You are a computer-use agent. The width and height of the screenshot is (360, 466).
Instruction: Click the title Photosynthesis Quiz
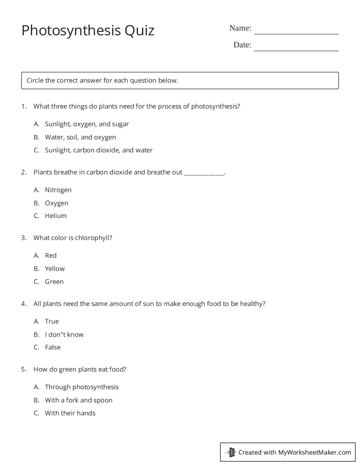88,30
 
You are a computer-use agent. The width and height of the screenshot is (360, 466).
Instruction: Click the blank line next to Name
296,32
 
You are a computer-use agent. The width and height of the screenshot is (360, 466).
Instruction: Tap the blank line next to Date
296,49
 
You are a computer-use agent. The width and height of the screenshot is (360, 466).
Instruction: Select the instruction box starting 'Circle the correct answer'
180,80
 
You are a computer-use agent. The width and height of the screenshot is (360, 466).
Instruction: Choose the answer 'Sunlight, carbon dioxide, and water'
98,150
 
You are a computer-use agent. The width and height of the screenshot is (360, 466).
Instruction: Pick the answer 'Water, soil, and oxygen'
80,137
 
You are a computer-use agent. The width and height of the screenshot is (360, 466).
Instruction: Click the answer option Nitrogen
58,190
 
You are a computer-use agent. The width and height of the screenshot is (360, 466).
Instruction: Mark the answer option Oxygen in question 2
56,203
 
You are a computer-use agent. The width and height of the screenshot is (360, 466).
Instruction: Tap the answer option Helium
56,216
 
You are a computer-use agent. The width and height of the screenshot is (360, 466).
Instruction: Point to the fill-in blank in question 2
204,173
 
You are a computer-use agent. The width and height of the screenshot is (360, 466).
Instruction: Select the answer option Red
51,256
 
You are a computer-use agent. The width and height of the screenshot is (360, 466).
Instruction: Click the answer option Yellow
55,269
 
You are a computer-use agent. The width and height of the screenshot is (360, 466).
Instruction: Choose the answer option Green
54,282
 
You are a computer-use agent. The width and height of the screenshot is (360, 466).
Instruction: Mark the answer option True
52,321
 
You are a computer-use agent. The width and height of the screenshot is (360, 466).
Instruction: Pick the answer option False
52,347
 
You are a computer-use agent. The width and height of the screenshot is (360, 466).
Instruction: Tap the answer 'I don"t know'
64,334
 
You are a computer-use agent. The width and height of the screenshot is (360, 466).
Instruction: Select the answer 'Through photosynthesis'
82,387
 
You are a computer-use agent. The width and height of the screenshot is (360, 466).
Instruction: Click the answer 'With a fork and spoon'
79,400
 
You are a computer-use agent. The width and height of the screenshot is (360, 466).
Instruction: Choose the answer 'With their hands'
70,413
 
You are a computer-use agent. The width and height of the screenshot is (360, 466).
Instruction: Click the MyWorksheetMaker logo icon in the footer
230,452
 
